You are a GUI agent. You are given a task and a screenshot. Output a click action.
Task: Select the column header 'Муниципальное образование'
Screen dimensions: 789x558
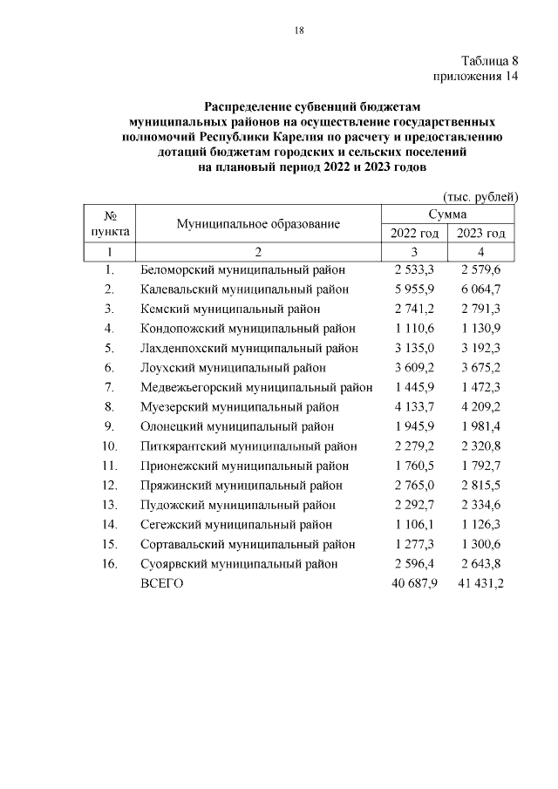coord(258,224)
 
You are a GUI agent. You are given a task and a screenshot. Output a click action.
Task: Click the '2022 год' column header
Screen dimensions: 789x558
coord(414,234)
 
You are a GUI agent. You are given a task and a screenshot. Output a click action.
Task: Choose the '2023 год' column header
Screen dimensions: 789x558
coord(480,234)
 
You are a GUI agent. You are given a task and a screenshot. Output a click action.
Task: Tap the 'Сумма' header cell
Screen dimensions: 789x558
coord(447,214)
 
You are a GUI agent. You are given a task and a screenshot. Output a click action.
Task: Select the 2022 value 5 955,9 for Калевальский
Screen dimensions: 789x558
coord(413,289)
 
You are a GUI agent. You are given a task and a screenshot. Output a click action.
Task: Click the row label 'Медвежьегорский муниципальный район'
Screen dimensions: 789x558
coord(256,387)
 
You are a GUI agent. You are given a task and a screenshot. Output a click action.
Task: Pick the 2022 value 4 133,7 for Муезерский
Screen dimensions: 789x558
coord(413,406)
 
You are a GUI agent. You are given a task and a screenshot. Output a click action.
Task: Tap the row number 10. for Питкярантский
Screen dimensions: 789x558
coord(110,446)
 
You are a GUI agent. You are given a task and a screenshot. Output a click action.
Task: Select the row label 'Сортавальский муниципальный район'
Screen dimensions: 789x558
coord(248,544)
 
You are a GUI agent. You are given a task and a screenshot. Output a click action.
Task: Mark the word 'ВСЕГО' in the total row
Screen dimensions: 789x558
coord(162,583)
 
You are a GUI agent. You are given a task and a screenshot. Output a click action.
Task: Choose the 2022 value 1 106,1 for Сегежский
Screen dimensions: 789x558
coord(413,524)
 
